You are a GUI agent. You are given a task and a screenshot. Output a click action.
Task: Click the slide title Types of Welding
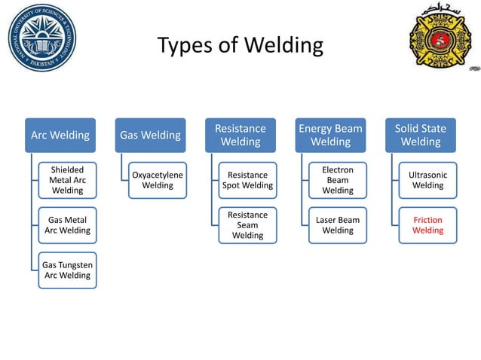pyautogui.click(x=240, y=46)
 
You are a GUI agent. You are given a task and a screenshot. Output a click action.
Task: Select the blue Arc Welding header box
pyautogui.click(x=60, y=136)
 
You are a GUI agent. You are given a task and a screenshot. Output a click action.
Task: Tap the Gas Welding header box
pyautogui.click(x=150, y=136)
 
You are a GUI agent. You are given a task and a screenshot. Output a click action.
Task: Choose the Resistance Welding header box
pyautogui.click(x=240, y=136)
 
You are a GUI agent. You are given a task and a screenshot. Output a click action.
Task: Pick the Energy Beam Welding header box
pyautogui.click(x=330, y=136)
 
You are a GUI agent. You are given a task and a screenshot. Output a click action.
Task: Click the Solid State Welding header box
pyautogui.click(x=420, y=136)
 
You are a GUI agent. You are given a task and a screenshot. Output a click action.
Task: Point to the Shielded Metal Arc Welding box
pyautogui.click(x=67, y=180)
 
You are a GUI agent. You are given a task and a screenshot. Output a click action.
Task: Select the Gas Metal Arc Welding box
pyautogui.click(x=67, y=225)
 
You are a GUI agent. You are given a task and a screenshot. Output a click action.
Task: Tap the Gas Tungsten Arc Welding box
pyautogui.click(x=66, y=270)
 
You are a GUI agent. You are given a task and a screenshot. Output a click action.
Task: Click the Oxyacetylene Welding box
pyautogui.click(x=158, y=180)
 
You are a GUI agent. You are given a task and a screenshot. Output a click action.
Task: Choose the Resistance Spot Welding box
pyautogui.click(x=247, y=180)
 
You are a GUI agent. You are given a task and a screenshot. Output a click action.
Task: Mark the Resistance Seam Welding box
pyautogui.click(x=247, y=225)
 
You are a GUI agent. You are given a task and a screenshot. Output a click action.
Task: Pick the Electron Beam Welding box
pyautogui.click(x=338, y=180)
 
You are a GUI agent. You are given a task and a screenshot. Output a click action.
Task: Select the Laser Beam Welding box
pyautogui.click(x=338, y=225)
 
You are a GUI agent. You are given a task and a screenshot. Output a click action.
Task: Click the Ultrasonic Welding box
pyautogui.click(x=427, y=180)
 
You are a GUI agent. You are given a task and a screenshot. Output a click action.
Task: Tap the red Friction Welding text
pyautogui.click(x=427, y=225)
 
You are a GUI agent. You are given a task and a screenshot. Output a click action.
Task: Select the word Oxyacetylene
pyautogui.click(x=158, y=175)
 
